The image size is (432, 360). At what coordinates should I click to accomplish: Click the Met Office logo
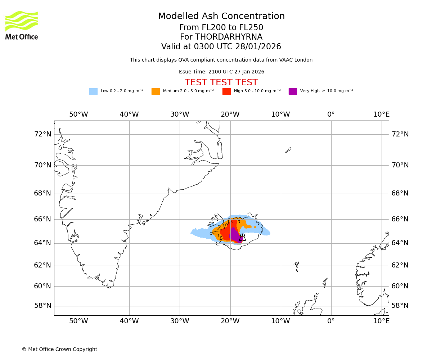22,25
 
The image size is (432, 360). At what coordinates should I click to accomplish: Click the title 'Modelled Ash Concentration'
221,16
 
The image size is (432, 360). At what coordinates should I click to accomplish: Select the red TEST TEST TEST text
221,82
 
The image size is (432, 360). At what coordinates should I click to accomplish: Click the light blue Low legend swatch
93,91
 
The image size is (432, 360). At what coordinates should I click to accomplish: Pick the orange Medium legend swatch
156,91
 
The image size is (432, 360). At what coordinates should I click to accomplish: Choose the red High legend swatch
226,91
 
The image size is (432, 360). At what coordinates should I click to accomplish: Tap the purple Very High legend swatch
293,91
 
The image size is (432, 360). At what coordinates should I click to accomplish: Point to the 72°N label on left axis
42,134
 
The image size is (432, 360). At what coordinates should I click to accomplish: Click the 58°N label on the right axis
400,306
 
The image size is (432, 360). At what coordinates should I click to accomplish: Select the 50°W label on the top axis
78,114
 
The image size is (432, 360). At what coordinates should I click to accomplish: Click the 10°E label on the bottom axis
381,321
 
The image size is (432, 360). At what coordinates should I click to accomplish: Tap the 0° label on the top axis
331,114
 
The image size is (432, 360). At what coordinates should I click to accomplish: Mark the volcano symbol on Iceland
242,238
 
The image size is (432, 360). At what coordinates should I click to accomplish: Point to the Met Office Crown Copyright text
59,349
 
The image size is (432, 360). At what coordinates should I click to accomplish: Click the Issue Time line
221,72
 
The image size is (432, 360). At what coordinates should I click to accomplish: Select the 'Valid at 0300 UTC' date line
221,47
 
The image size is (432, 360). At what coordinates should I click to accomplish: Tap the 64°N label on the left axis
42,243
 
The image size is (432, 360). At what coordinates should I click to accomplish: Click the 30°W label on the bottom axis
180,321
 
